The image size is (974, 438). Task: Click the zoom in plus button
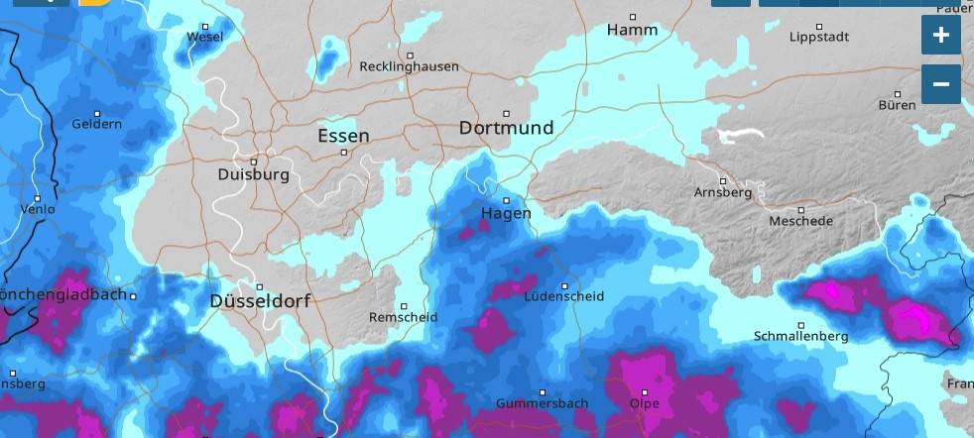940,35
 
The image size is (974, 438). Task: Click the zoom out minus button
940,84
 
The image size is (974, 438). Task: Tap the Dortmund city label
506,128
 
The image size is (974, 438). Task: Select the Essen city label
343,136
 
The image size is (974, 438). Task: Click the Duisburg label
253,174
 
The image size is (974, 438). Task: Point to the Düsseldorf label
260,300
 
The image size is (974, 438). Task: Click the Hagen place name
506,213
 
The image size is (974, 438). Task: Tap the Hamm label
632,30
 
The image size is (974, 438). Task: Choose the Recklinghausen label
409,66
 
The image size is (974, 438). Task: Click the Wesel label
205,38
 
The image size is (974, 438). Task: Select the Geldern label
96,124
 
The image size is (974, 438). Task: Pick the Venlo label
38,209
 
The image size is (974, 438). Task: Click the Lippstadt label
818,37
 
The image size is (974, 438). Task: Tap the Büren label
897,105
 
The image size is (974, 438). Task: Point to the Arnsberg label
723,192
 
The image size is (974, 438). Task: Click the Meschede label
800,221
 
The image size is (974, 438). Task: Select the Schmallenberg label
800,336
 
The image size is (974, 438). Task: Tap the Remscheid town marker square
404,306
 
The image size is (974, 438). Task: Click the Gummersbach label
543,403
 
